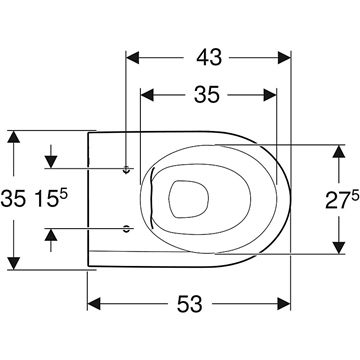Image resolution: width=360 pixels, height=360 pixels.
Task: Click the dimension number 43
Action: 209,57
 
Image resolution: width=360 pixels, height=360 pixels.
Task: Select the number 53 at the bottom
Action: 189,304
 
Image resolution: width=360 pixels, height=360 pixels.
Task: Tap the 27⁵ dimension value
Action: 342,200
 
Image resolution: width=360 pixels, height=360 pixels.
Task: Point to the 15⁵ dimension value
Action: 52,199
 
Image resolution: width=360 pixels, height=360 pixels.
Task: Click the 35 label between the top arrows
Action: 207,95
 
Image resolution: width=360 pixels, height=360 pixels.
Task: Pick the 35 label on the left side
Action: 13,199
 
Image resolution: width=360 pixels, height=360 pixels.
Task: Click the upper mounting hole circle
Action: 126,169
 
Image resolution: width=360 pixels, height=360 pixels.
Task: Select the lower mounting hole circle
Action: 126,229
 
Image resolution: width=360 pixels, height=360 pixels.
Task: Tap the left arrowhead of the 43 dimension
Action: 132,58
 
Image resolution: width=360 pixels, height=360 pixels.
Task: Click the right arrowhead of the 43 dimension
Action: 284,58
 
